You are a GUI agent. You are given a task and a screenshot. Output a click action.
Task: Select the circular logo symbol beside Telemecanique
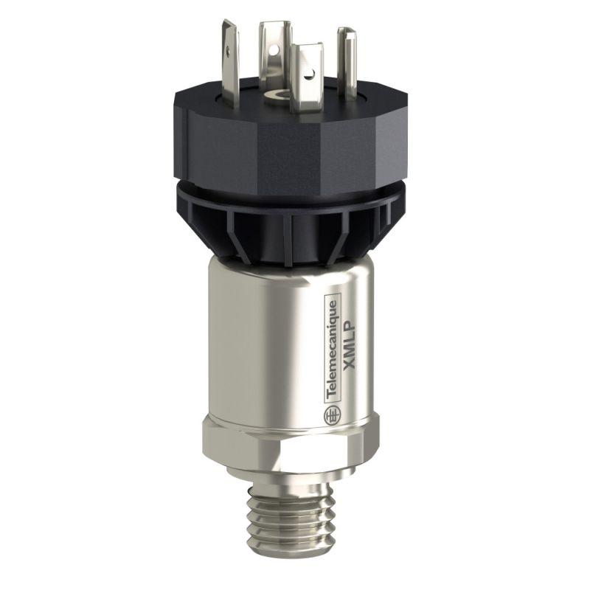pyautogui.click(x=332, y=416)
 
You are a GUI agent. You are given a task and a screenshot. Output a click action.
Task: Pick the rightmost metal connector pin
pyautogui.click(x=346, y=52)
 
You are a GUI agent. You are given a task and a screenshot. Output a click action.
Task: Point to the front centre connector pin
pyautogui.click(x=305, y=77)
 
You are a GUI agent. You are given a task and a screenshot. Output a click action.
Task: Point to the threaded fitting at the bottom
pyautogui.click(x=295, y=520)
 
